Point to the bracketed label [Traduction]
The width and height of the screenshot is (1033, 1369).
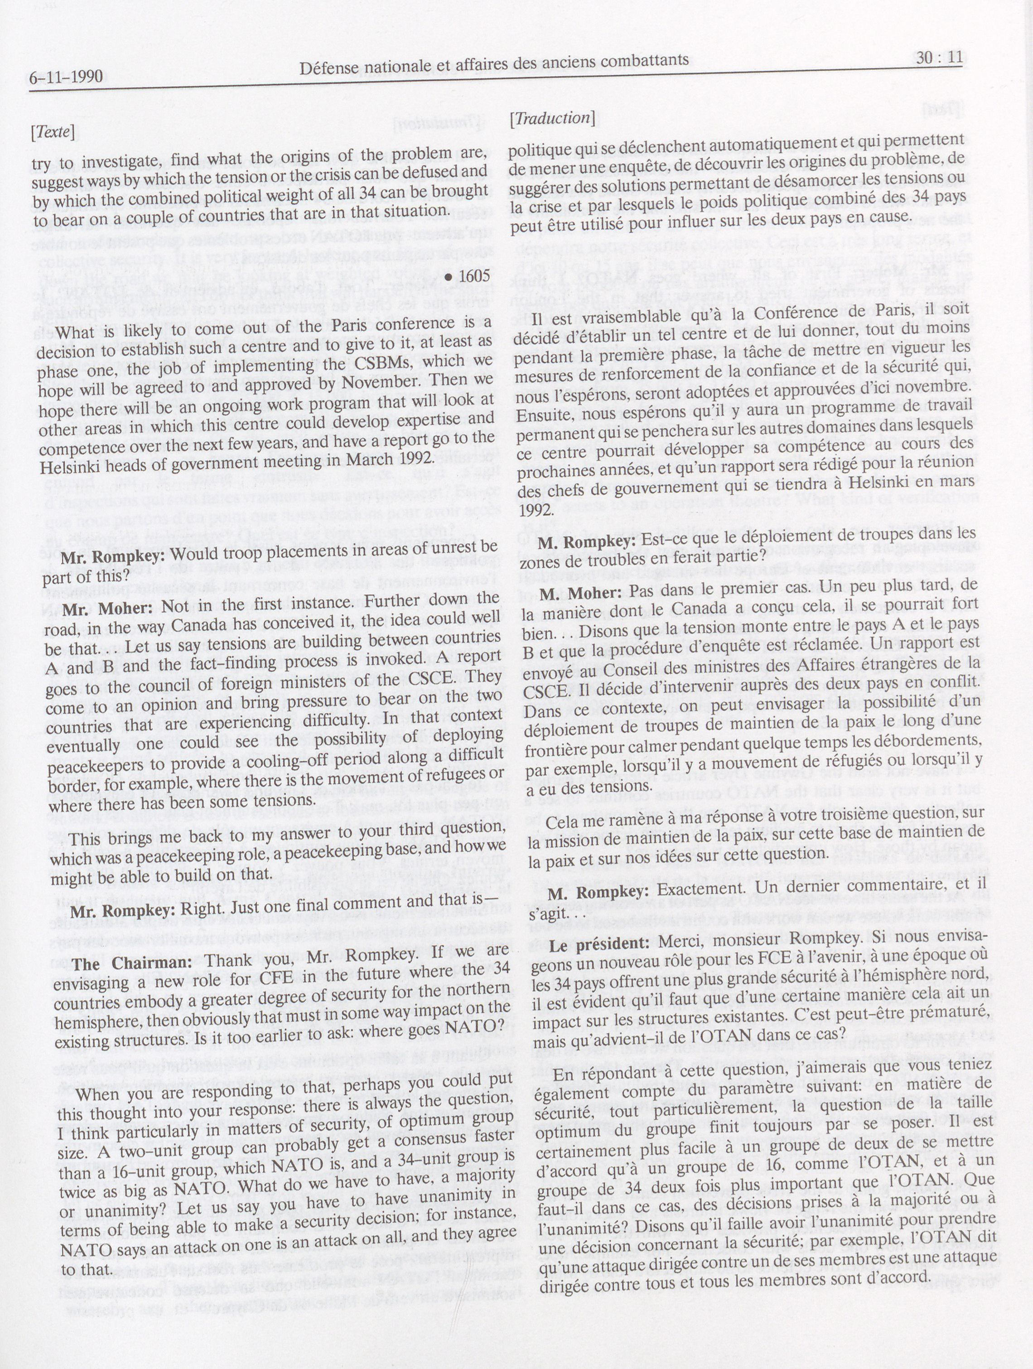[552, 117]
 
